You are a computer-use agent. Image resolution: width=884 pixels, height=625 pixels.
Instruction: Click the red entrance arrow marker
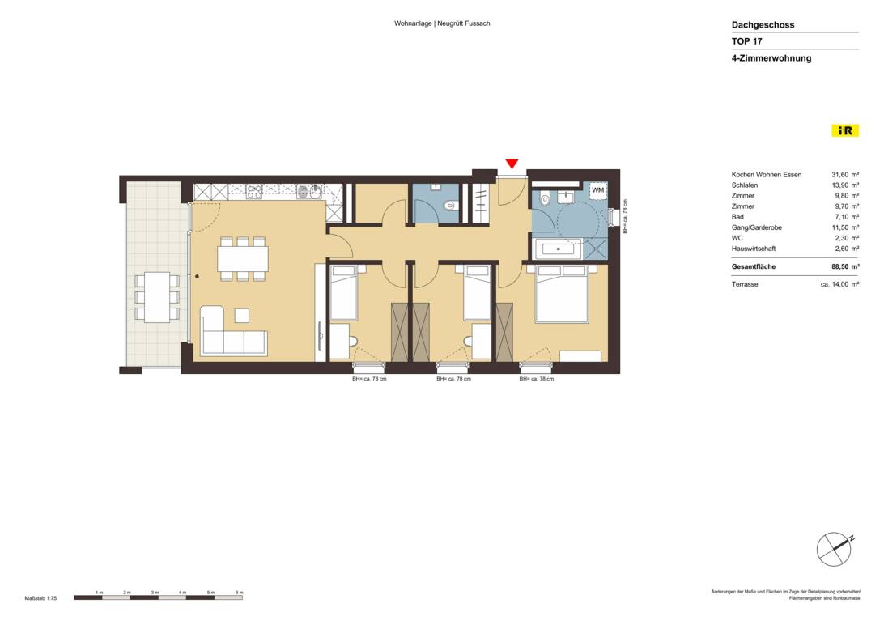point(511,164)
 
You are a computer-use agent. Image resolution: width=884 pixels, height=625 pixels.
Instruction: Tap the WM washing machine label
point(597,190)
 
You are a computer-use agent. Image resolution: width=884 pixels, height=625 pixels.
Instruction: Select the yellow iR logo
point(845,130)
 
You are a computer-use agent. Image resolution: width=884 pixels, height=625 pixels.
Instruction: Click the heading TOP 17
point(746,41)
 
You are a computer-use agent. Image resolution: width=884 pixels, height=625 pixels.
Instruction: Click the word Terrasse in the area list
point(745,284)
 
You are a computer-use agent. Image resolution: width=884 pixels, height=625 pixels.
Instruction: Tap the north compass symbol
point(834,551)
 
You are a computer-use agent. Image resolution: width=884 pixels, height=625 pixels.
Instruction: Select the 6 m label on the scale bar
point(239,593)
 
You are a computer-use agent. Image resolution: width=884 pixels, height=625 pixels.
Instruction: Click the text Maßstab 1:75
point(40,597)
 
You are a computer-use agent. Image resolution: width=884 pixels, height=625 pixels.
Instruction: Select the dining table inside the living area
point(242,259)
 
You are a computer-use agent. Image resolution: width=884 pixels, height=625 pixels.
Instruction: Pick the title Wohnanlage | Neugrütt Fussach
point(442,23)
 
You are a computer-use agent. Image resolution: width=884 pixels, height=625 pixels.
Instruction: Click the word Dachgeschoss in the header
point(763,25)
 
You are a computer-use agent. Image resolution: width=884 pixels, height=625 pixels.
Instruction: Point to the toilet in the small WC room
point(451,206)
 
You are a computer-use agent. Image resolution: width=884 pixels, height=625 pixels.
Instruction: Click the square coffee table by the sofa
point(242,315)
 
